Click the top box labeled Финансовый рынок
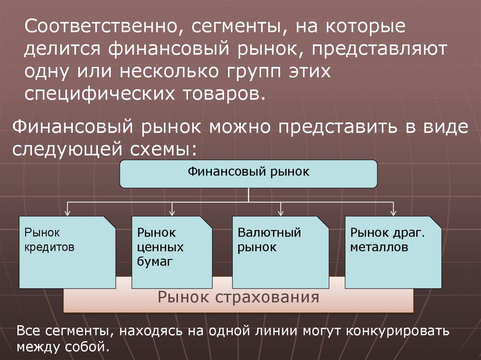(x=248, y=174)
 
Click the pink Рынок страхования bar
(x=238, y=298)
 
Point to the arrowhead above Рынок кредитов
(x=69, y=212)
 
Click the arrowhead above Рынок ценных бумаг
(x=172, y=212)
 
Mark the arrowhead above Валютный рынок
(x=281, y=212)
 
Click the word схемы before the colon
(x=159, y=149)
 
